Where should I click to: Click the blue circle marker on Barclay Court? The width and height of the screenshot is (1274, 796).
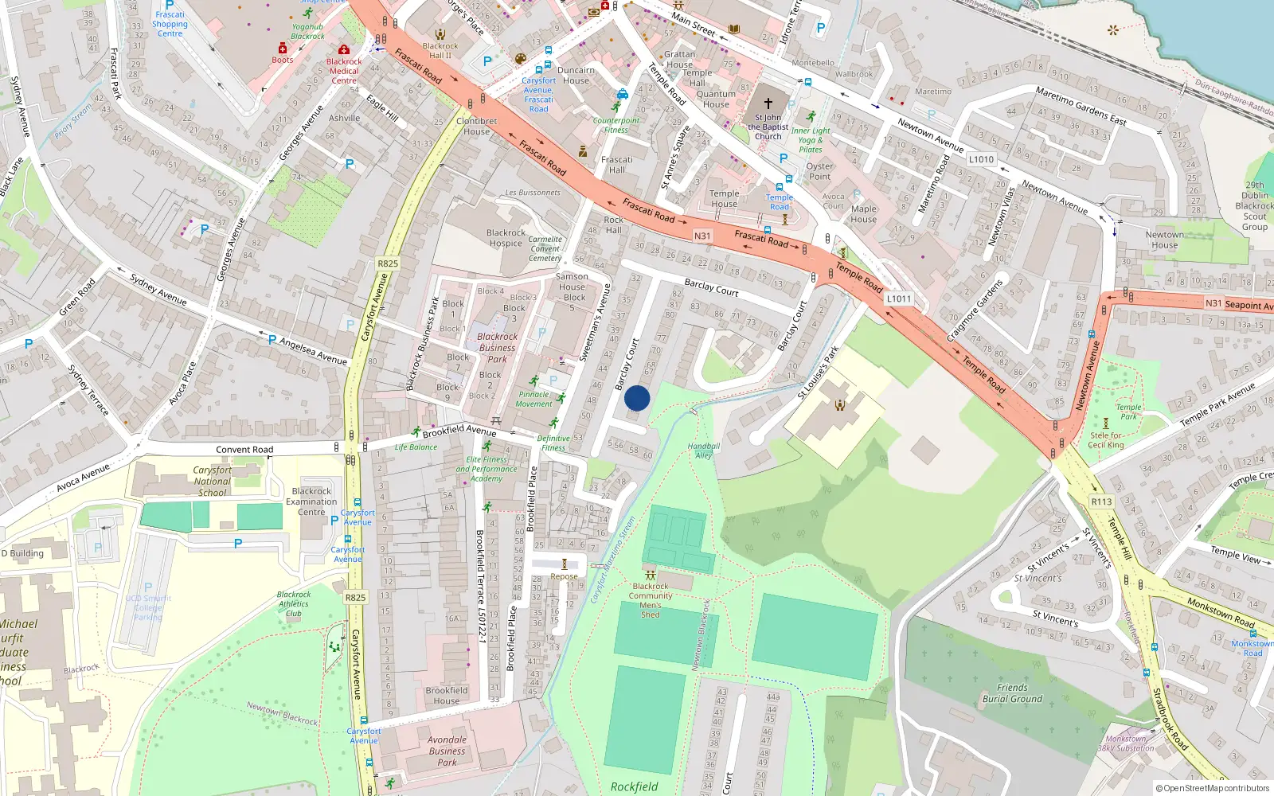[637, 398]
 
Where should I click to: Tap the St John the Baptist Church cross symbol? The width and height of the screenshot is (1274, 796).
[768, 103]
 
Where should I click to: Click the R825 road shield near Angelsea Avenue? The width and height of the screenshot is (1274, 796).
[388, 263]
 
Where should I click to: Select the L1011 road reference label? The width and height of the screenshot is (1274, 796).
[898, 298]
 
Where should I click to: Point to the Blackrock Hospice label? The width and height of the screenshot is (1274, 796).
[506, 238]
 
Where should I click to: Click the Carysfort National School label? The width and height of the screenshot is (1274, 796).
[213, 481]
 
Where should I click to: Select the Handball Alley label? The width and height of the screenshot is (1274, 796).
[704, 451]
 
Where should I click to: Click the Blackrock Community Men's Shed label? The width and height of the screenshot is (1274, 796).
[651, 600]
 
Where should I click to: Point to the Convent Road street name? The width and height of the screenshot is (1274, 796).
[244, 450]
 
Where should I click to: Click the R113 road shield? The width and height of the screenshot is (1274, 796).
[1101, 501]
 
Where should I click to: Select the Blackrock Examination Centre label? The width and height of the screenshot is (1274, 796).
[311, 501]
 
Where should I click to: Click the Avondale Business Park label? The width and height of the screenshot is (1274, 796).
[447, 751]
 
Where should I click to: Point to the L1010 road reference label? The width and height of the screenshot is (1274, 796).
[981, 159]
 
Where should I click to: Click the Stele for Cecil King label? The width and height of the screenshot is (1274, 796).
[1106, 440]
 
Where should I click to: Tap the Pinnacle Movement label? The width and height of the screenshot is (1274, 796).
[533, 399]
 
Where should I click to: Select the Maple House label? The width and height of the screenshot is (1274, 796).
[863, 214]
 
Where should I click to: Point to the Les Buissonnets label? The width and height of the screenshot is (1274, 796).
[533, 193]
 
